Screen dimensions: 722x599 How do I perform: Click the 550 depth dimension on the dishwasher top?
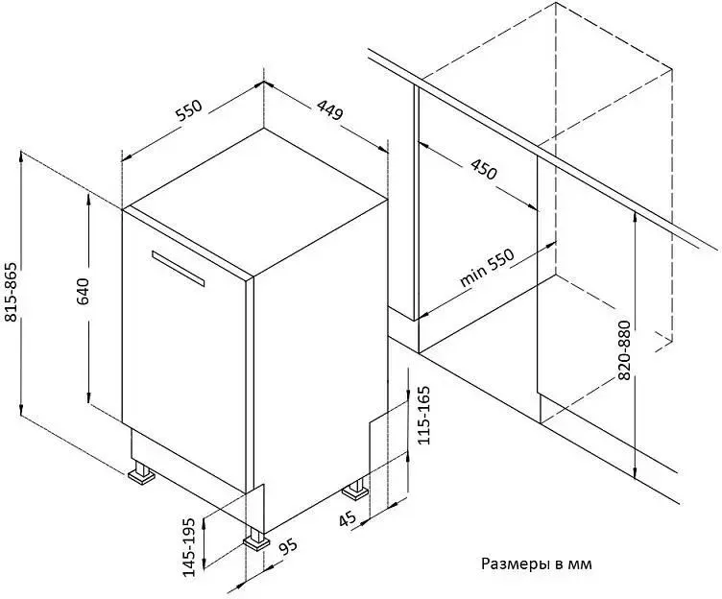tap(189, 110)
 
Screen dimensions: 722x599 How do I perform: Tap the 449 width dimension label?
tap(329, 110)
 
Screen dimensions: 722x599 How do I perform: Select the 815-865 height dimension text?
tap(11, 292)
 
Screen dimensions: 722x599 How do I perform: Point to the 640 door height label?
tap(83, 292)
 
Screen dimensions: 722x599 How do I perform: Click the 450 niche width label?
tap(484, 169)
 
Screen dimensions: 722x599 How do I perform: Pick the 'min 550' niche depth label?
tap(486, 268)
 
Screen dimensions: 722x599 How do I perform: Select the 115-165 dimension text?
tap(422, 415)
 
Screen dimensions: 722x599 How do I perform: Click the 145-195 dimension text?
tap(189, 547)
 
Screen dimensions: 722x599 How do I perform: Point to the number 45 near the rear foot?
tap(348, 519)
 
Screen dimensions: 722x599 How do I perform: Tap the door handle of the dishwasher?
tap(178, 269)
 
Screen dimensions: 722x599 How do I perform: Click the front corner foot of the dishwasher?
tap(257, 540)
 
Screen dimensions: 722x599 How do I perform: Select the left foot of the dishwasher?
tap(141, 473)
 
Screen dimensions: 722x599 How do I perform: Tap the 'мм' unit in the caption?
tap(581, 564)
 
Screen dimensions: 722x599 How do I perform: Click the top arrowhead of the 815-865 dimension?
tap(21, 156)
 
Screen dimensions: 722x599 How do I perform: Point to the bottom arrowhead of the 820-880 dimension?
tap(635, 473)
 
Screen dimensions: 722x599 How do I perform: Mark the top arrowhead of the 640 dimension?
tap(87, 199)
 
